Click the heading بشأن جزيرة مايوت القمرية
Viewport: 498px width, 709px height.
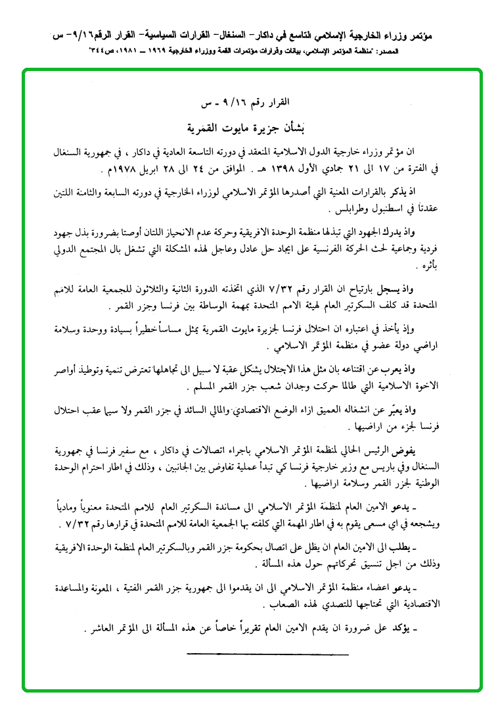coord(249,127)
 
